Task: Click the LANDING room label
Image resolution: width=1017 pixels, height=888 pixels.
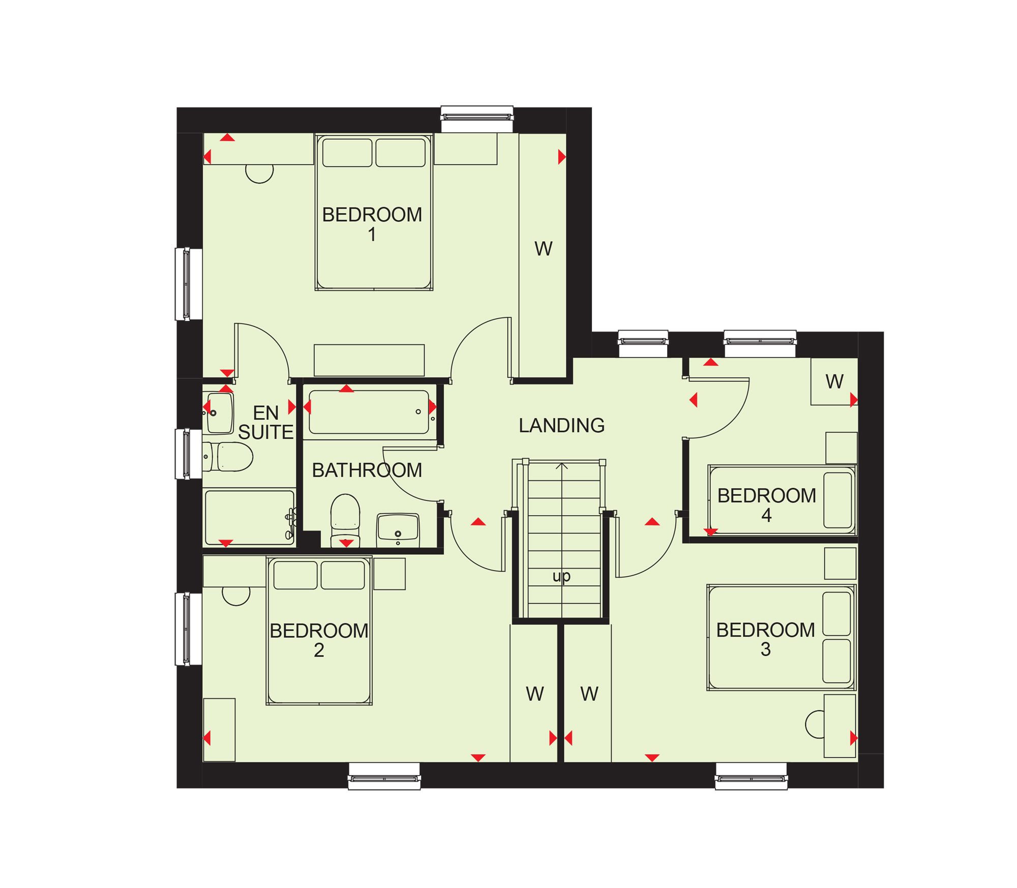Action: (x=561, y=425)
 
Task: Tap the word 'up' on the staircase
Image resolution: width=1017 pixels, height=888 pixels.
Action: (x=561, y=576)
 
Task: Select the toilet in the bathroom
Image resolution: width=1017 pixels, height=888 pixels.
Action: (x=345, y=520)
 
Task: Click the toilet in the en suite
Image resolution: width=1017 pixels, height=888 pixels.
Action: (x=228, y=457)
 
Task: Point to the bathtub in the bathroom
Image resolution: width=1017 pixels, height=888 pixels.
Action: (x=369, y=412)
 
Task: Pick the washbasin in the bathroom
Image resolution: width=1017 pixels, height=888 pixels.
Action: (x=398, y=530)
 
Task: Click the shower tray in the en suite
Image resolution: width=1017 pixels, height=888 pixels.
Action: (x=249, y=517)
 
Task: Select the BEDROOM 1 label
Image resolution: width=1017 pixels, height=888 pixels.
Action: (x=372, y=224)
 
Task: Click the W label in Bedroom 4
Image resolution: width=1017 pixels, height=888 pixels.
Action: (x=834, y=381)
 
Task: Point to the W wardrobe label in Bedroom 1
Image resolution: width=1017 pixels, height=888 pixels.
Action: (x=543, y=249)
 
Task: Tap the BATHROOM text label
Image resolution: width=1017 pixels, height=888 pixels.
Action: (x=367, y=470)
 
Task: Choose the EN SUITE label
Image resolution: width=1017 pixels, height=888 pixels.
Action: (x=266, y=422)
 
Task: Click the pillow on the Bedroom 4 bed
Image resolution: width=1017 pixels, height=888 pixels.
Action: (x=837, y=500)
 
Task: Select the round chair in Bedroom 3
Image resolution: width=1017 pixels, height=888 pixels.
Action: (x=815, y=724)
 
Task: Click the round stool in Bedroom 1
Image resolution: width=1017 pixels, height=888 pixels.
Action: (x=259, y=173)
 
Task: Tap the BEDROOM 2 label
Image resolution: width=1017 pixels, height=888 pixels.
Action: (x=319, y=640)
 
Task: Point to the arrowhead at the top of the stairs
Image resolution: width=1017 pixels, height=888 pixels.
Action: (x=561, y=465)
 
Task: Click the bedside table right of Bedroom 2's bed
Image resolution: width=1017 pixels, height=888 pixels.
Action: (x=390, y=574)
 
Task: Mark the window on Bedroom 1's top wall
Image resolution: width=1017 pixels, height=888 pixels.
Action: (x=476, y=119)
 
